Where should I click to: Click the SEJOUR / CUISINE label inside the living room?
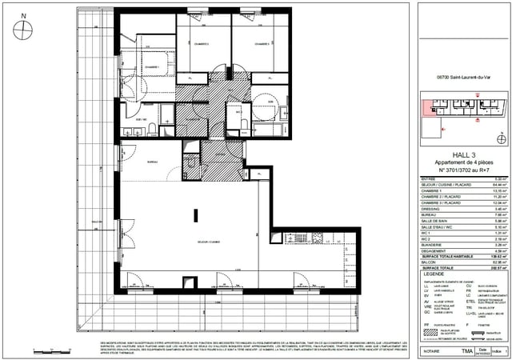pyautogui.click(x=186, y=242)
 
